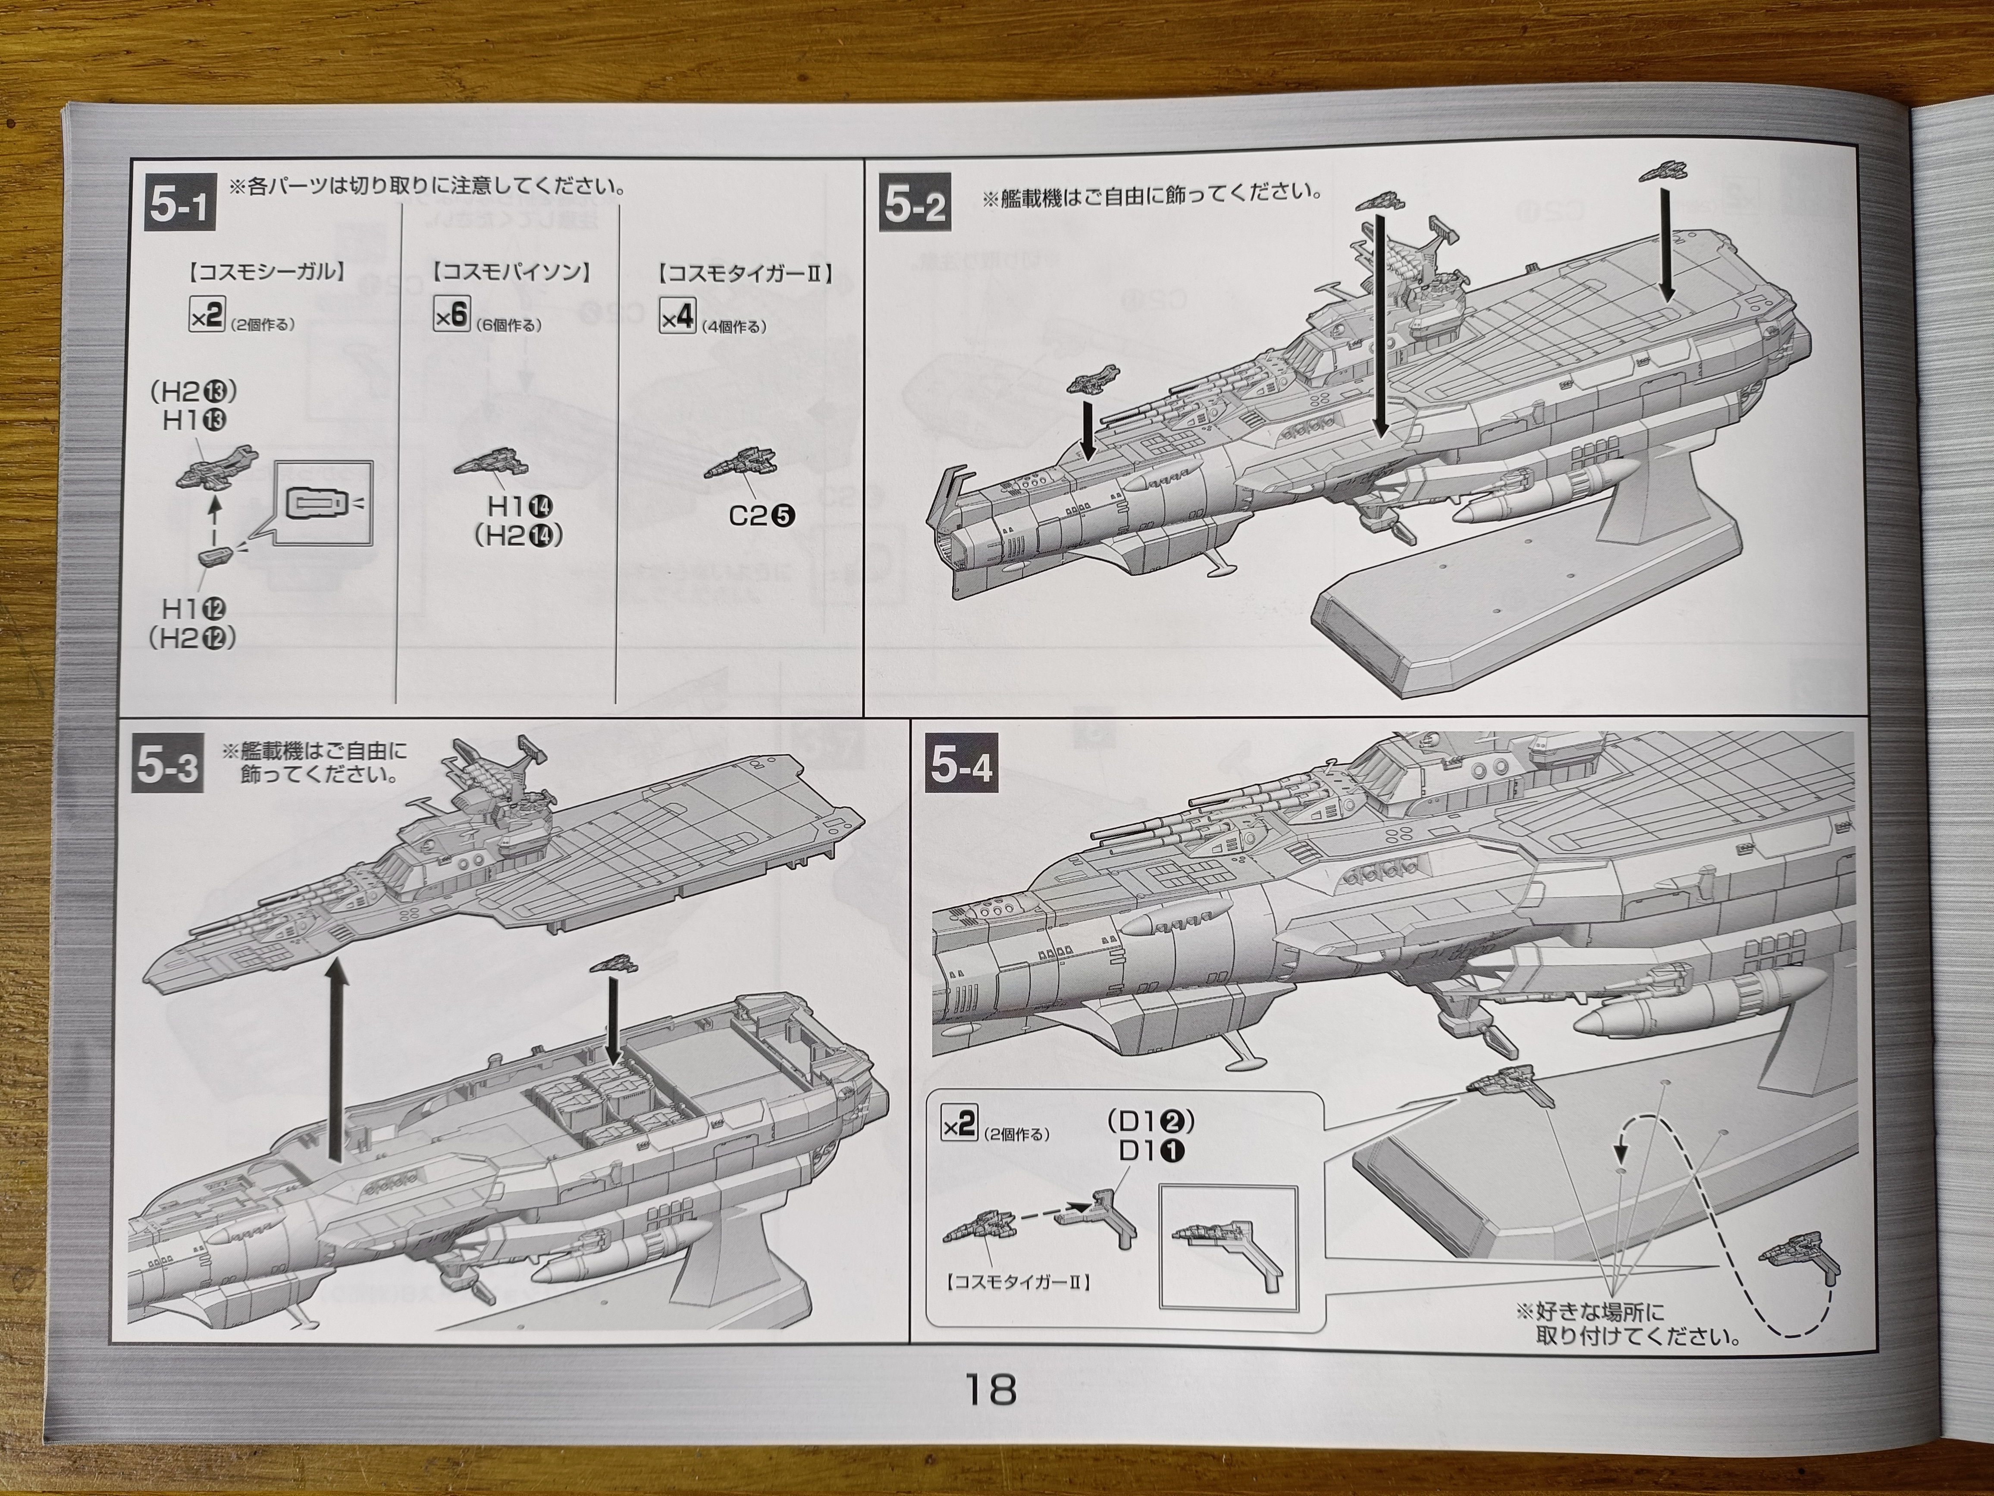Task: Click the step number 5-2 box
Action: click(x=914, y=206)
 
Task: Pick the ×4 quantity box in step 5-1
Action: click(x=677, y=317)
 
